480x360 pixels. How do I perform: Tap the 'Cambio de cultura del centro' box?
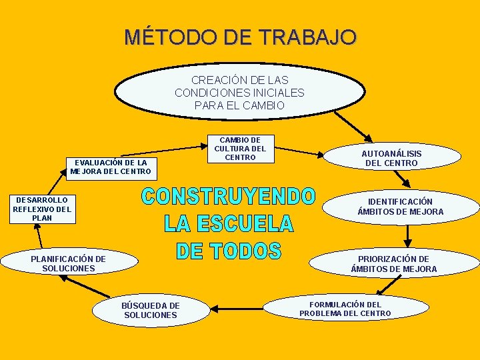click(x=239, y=149)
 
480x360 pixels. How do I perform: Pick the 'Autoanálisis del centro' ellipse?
click(x=391, y=158)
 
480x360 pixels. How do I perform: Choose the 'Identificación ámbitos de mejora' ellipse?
click(x=400, y=207)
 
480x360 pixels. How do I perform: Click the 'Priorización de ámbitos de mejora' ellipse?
click(x=393, y=264)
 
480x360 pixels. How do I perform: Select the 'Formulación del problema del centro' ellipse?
click(x=345, y=309)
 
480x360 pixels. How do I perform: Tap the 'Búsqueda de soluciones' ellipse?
click(x=150, y=310)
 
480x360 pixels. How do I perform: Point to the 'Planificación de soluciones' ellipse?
click(x=69, y=263)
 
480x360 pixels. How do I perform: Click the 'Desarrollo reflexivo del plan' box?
click(x=42, y=209)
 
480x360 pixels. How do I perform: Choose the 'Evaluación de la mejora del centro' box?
click(x=111, y=167)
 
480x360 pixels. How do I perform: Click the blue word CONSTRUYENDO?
click(x=228, y=197)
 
